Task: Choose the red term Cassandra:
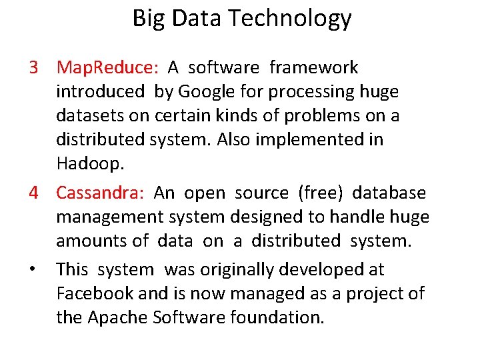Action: (100, 193)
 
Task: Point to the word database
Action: (389, 193)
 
